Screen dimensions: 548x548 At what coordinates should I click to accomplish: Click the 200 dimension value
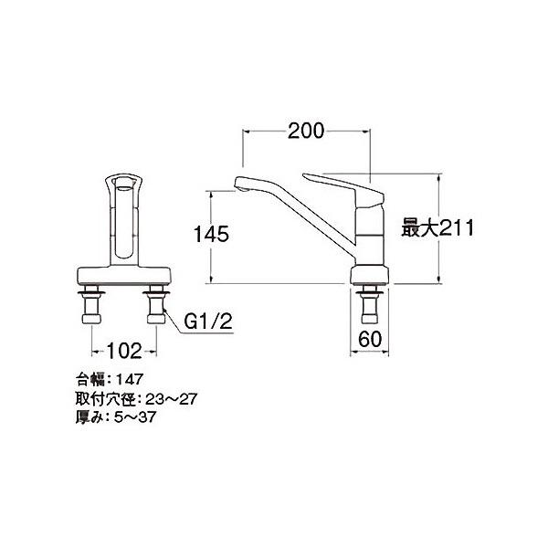coord(306,132)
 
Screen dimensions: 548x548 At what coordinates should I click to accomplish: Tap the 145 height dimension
coord(211,234)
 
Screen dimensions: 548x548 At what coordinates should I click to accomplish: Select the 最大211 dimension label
coord(437,227)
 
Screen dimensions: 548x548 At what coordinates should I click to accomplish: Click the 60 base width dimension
coord(370,339)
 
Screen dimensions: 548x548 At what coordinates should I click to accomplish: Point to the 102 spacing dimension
coord(124,351)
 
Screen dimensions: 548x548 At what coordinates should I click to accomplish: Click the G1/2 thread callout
coord(208,321)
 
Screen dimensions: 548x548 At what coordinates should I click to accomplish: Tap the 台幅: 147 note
coord(110,379)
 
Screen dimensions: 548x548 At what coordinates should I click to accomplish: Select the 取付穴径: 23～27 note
coord(136,399)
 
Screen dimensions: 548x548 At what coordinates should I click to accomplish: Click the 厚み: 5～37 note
coord(116,417)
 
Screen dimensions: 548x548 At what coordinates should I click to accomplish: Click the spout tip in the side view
coord(241,187)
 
